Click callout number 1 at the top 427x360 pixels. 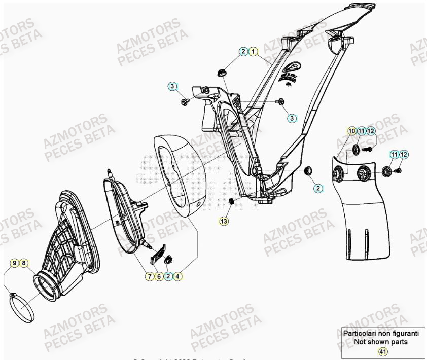[x=253, y=51]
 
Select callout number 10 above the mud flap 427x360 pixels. [x=351, y=131]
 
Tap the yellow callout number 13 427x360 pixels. [x=224, y=221]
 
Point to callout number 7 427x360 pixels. [x=149, y=276]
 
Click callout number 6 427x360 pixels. [x=158, y=276]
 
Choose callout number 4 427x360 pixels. [x=177, y=276]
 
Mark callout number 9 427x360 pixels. [x=15, y=263]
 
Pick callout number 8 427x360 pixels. [x=24, y=263]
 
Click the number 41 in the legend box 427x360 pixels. [x=383, y=351]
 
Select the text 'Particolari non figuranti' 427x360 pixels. [x=381, y=334]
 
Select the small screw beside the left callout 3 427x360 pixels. [x=184, y=103]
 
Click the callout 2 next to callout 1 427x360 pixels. [x=244, y=51]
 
